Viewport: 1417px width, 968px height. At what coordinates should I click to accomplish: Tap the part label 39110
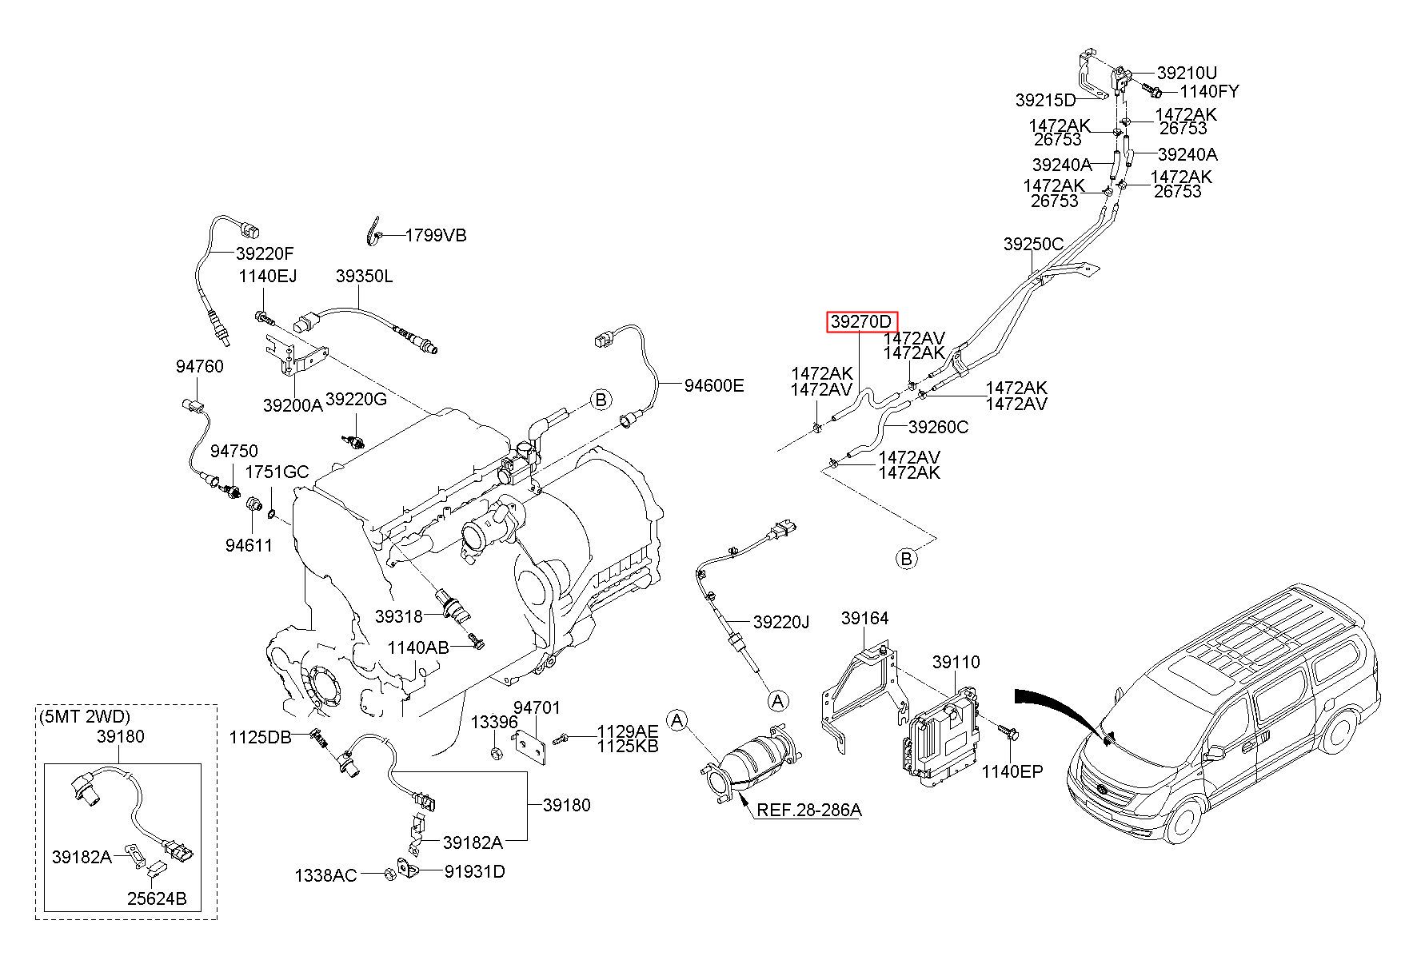pyautogui.click(x=956, y=662)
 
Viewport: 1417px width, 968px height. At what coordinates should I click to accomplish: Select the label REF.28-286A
pyautogui.click(x=809, y=810)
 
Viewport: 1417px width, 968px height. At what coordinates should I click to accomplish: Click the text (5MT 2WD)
pyautogui.click(x=84, y=716)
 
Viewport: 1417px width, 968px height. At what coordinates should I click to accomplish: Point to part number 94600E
pyautogui.click(x=714, y=386)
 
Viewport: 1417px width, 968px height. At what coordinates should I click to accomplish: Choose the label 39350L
pyautogui.click(x=364, y=277)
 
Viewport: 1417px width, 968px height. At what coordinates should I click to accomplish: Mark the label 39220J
pyautogui.click(x=781, y=622)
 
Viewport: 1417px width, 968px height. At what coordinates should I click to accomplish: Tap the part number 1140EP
pyautogui.click(x=1012, y=771)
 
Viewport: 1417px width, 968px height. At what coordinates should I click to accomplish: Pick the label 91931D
pyautogui.click(x=474, y=870)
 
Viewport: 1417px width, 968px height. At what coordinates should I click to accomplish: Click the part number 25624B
pyautogui.click(x=157, y=899)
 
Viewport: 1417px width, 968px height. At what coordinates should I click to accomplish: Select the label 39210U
pyautogui.click(x=1187, y=74)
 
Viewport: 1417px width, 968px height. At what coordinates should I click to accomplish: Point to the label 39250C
pyautogui.click(x=1033, y=244)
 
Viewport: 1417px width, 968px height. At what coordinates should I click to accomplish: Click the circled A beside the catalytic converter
pyautogui.click(x=677, y=721)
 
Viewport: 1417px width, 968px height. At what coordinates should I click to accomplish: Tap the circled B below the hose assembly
pyautogui.click(x=906, y=558)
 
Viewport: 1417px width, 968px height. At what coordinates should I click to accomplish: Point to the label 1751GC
pyautogui.click(x=277, y=472)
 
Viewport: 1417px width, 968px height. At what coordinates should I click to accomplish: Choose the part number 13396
pyautogui.click(x=494, y=722)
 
